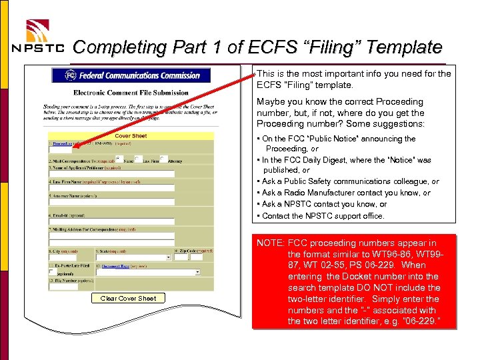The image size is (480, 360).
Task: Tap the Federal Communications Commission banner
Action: [131, 75]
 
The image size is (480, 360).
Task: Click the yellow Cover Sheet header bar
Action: [131, 136]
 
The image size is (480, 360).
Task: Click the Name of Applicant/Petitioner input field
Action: [111, 174]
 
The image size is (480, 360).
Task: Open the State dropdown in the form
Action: [133, 257]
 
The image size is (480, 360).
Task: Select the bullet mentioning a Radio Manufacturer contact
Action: [346, 193]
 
